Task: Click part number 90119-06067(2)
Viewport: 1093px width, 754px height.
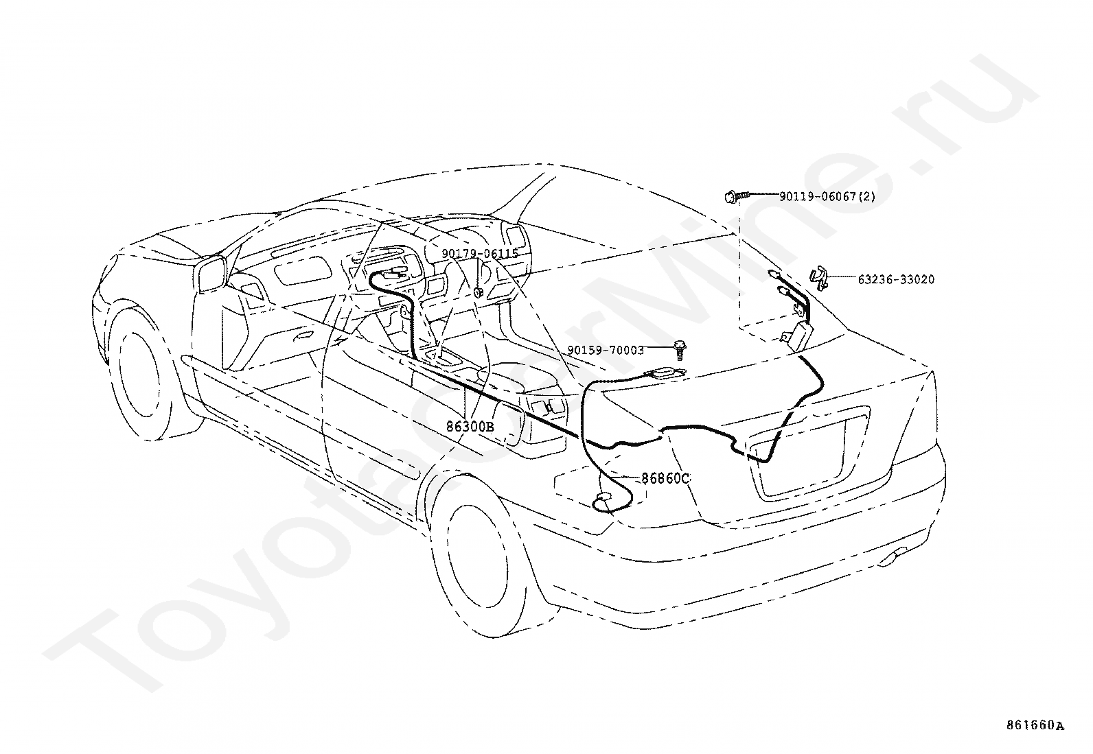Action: pos(827,196)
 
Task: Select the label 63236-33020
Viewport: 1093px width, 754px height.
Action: pos(897,279)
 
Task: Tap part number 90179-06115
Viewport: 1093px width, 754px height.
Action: pos(480,254)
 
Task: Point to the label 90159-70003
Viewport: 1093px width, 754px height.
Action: pos(606,350)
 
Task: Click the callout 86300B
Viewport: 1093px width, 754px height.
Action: pos(470,427)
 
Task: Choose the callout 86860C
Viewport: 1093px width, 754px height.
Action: pos(665,478)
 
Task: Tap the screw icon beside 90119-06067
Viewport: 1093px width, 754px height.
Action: pos(736,196)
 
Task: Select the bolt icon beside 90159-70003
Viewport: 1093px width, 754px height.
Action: pos(678,350)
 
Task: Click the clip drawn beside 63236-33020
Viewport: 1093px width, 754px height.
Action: pos(819,279)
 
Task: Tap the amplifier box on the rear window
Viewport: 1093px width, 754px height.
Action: pos(798,335)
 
